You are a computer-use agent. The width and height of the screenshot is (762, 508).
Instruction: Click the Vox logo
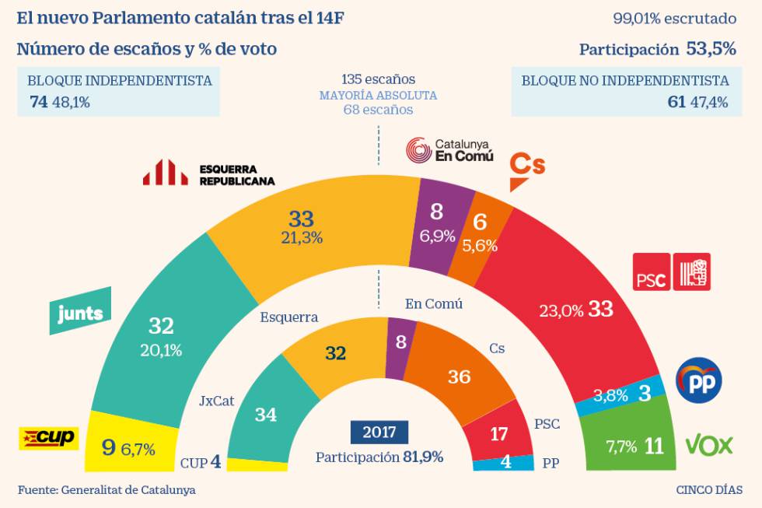708,445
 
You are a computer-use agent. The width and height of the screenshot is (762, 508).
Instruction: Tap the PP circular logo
699,380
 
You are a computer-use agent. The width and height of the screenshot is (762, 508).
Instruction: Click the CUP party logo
48,438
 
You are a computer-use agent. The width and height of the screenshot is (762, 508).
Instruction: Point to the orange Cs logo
526,170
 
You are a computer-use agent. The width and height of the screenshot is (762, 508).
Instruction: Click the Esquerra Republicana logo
208,174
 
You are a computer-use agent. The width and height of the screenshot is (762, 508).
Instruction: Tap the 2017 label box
379,432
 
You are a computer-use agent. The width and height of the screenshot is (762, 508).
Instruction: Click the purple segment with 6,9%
437,224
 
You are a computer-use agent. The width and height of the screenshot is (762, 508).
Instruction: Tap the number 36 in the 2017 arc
459,377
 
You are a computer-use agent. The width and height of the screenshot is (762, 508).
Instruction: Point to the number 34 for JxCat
266,415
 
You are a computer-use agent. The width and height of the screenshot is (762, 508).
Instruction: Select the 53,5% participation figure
711,49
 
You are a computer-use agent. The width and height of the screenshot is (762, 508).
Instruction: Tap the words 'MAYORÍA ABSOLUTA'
378,95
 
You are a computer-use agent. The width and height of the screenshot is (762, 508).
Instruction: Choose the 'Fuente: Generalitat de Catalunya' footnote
107,490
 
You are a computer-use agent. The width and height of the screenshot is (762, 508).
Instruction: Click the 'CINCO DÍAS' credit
708,490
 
